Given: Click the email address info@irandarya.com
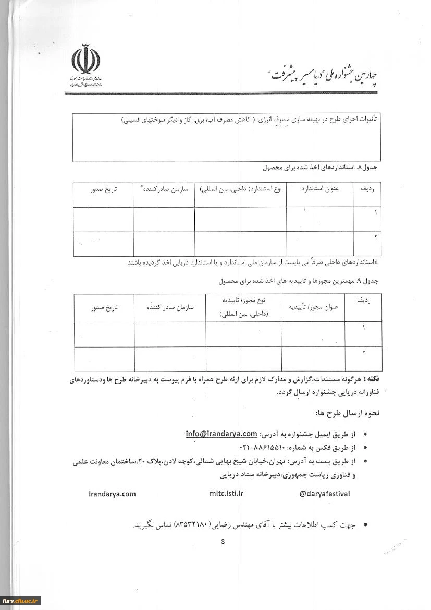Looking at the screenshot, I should (x=221, y=434).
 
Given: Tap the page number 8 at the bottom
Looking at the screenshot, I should (x=223, y=541).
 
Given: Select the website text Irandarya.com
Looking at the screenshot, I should (x=112, y=494).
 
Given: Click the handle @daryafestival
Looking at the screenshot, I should (x=325, y=493).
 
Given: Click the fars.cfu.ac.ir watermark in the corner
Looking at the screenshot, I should (x=21, y=601).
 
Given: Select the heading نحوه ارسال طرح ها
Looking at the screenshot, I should (x=348, y=413).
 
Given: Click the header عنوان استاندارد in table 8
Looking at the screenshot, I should (x=320, y=189).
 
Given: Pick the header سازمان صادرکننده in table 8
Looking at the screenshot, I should (x=164, y=188).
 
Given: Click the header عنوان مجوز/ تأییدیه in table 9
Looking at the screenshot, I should (x=313, y=307).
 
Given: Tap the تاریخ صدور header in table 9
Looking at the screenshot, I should (x=104, y=307).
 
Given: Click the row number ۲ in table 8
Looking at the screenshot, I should (x=375, y=237).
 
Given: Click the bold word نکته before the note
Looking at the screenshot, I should (x=372, y=378).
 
